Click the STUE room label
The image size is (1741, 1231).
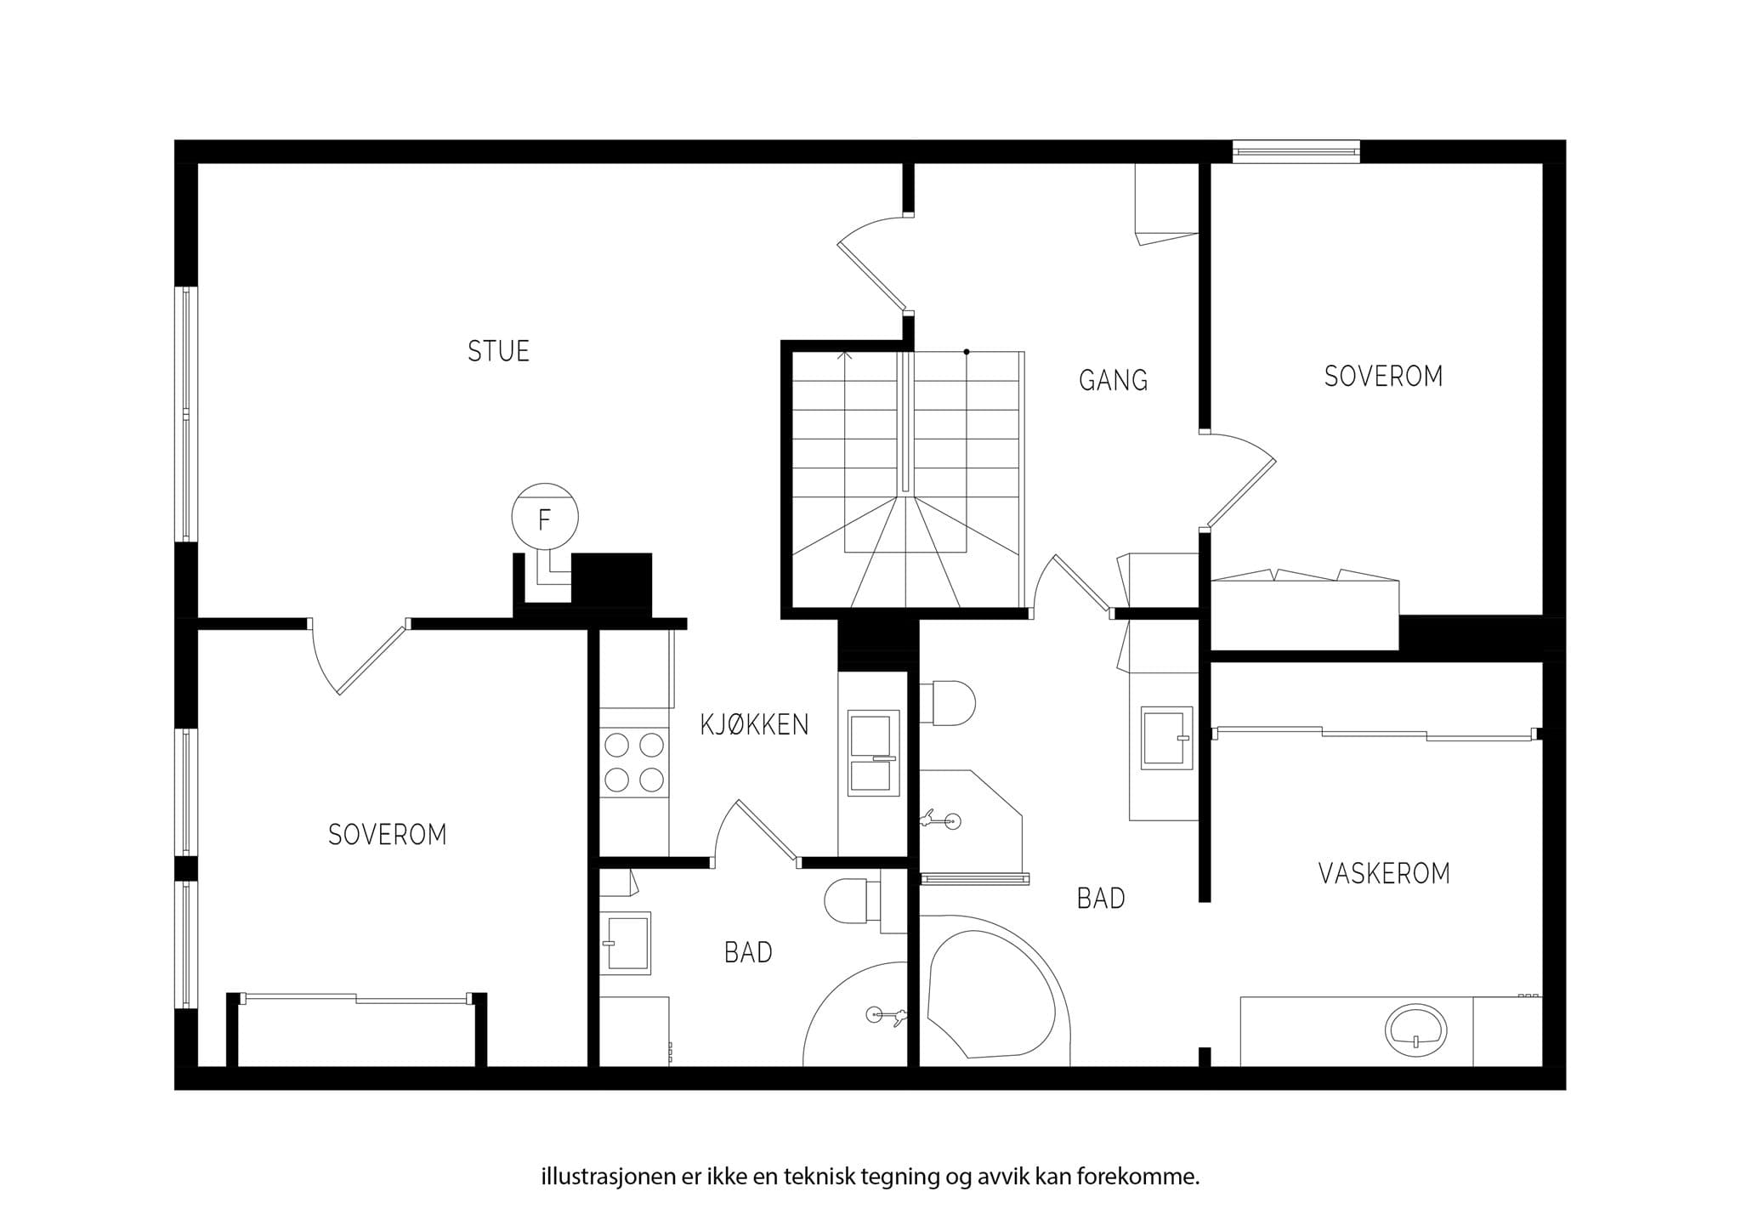498,351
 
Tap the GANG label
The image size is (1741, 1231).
1114,380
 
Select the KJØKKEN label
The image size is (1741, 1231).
754,724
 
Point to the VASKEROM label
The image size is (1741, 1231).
1384,873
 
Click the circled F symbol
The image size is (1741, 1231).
545,517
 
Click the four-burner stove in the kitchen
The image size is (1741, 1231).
634,763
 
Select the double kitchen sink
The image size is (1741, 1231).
873,753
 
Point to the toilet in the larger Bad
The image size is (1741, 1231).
949,702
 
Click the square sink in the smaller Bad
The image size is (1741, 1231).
626,943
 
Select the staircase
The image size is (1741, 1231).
907,479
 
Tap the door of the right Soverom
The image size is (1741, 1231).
1239,480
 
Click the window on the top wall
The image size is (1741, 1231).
1296,152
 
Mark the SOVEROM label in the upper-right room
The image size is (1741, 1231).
1383,376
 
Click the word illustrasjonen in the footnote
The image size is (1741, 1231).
610,1177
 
